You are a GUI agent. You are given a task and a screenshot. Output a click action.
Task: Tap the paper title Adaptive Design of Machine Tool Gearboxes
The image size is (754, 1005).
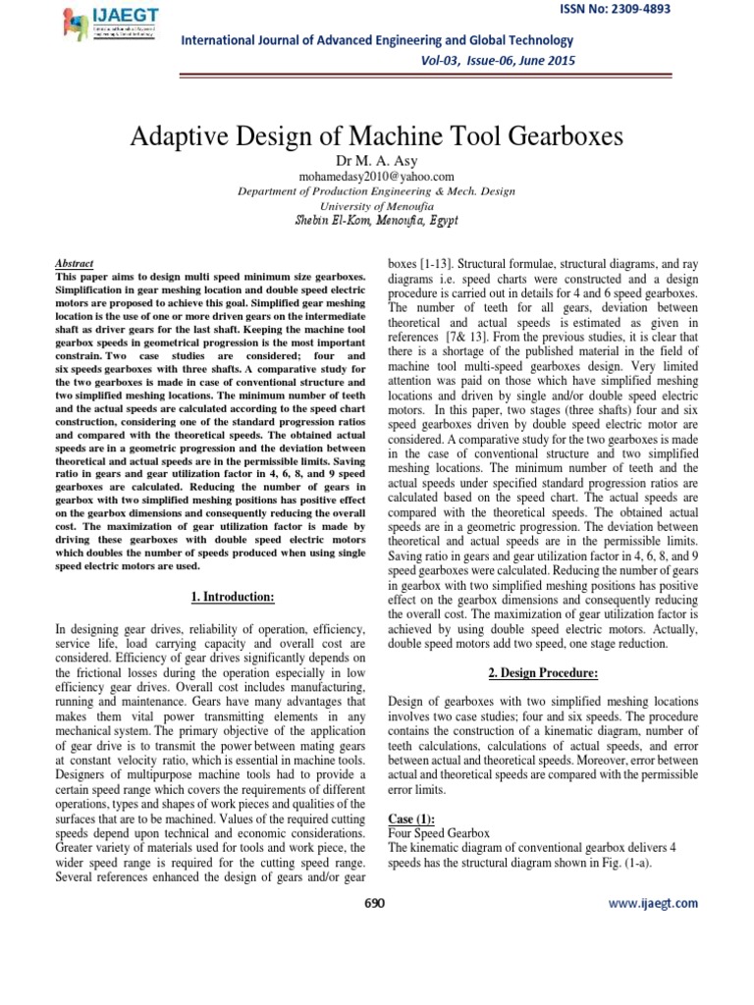click(377, 136)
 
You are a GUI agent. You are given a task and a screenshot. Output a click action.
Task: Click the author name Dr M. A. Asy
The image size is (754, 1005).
click(377, 160)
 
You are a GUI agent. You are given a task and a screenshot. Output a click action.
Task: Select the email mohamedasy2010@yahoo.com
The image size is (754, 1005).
click(377, 176)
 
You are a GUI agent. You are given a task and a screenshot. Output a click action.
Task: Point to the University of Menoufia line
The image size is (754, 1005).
click(377, 207)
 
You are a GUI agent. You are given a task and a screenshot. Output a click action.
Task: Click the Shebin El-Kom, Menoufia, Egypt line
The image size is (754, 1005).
click(377, 221)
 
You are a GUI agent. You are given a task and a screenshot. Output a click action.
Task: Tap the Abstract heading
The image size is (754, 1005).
click(75, 264)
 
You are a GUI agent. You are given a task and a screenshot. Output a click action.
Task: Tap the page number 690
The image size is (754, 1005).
click(375, 903)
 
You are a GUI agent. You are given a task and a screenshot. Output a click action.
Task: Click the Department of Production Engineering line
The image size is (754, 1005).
click(377, 192)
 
